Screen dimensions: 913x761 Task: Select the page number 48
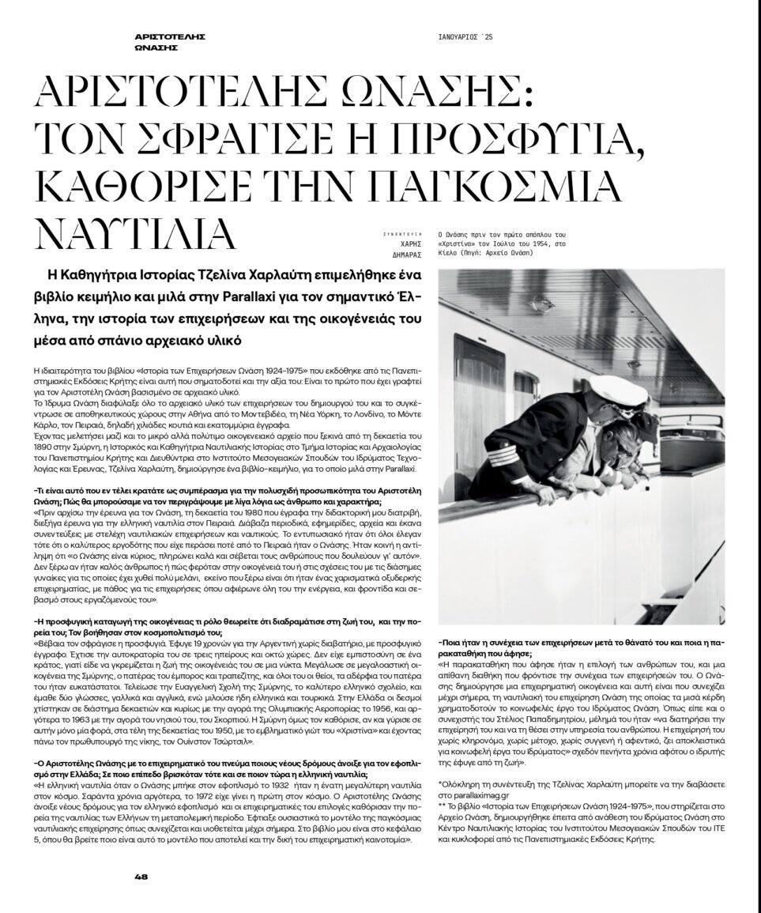[142, 876]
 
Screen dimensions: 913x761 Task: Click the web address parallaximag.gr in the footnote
[477, 798]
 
